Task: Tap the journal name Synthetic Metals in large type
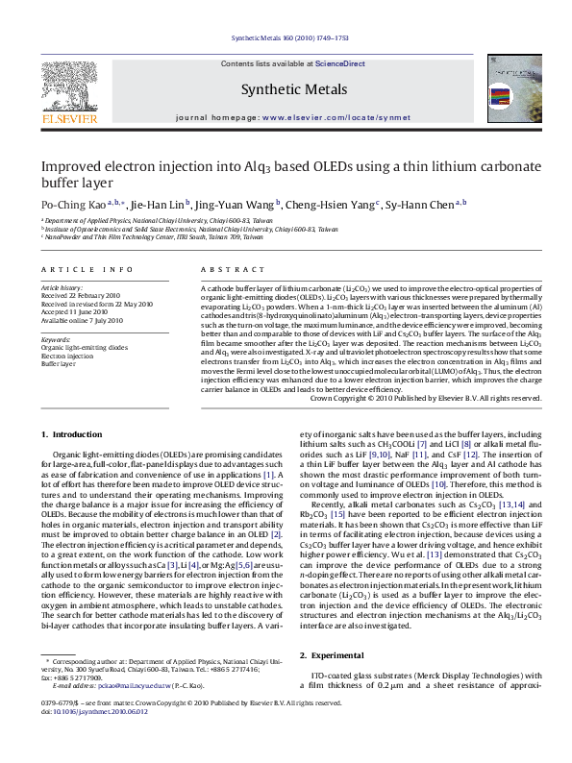tap(285, 90)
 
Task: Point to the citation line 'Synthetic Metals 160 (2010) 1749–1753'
tap(286, 39)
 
